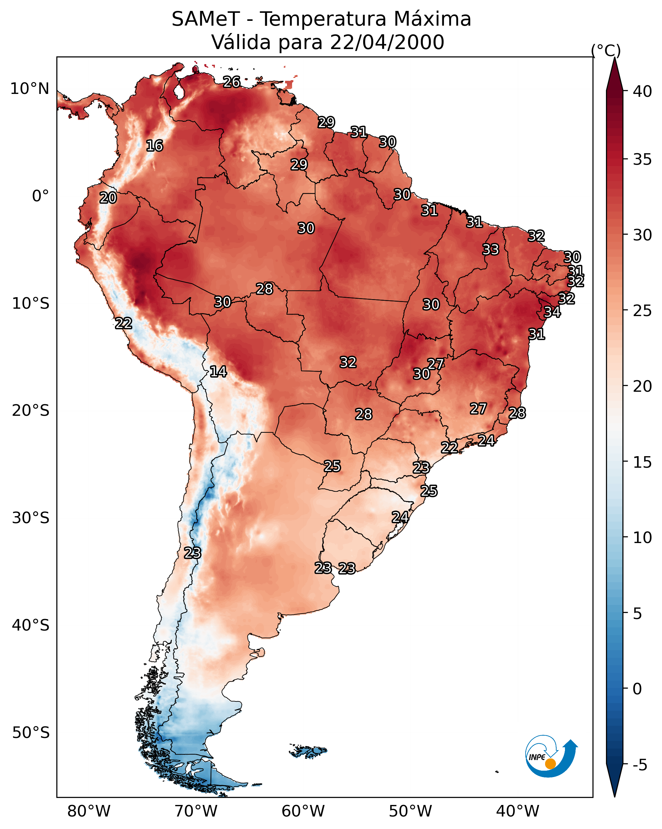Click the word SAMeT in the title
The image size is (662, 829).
pos(206,19)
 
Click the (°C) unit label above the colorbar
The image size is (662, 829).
pos(606,50)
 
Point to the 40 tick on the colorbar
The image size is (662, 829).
pos(642,91)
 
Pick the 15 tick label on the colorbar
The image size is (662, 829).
pos(642,462)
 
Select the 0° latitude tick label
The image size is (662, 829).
pos(41,196)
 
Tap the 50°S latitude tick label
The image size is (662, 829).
pos(31,733)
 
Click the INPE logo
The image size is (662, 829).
pos(552,757)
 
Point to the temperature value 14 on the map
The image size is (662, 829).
pos(218,372)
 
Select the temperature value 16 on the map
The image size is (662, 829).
pos(154,146)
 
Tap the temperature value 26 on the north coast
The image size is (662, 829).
pos(232,82)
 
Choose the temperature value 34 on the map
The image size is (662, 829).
pos(552,312)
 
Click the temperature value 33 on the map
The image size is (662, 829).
pos(491,249)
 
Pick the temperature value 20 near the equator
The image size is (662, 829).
pos(108,198)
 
